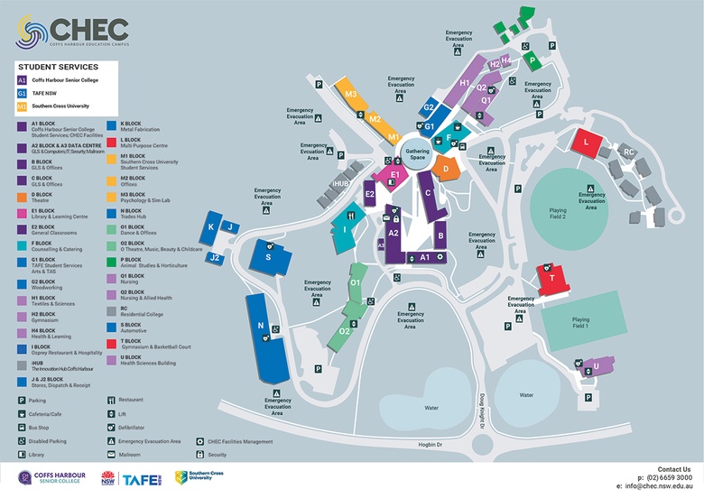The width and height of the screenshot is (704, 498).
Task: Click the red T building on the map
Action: coord(552,280)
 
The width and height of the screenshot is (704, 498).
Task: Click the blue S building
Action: coord(268,257)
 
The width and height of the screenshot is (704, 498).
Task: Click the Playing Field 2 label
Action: coord(558,213)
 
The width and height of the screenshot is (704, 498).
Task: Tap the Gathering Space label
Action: coord(417,154)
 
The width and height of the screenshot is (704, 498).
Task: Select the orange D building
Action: coord(444,166)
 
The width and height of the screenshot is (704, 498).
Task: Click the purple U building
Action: coord(595,366)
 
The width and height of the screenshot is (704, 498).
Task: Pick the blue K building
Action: coord(211,227)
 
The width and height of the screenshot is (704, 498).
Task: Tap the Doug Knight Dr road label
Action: coord(483,412)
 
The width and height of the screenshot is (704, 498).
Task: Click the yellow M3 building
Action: coord(350,94)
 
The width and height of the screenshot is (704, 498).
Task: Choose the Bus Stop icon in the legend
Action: coord(22,427)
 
